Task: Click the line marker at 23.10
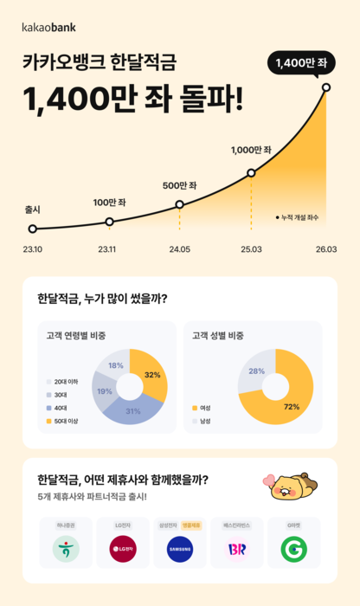33,229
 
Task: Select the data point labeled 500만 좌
179,205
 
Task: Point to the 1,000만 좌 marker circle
251,173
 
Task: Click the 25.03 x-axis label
252,249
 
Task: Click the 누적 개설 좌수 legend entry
297,218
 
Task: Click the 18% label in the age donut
116,365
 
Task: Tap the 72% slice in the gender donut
286,403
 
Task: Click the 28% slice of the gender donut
256,371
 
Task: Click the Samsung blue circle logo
180,548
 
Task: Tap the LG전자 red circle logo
122,548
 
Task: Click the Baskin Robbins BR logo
237,548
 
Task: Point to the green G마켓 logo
294,548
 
